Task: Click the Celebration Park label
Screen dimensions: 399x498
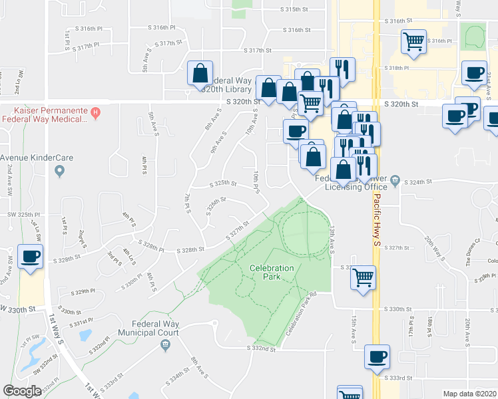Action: pos(272,273)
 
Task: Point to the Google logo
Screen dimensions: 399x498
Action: pos(22,391)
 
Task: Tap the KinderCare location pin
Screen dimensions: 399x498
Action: pos(60,172)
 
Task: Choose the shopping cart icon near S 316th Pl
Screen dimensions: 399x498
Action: pos(413,41)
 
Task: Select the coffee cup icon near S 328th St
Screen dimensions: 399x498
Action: pos(30,257)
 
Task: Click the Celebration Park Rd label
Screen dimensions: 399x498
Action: pos(300,323)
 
